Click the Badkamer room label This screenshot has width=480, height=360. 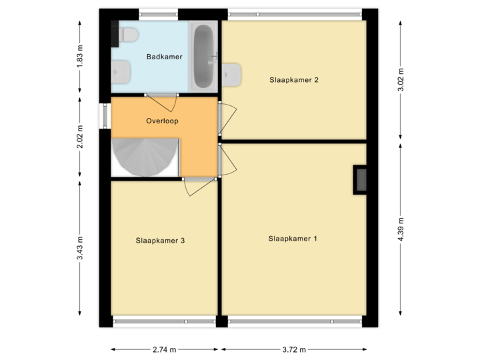pos(164,57)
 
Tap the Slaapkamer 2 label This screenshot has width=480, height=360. pos(293,80)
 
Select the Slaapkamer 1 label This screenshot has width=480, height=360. pos(293,238)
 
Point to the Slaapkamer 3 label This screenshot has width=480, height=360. pos(160,241)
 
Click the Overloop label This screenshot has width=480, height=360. pos(163,121)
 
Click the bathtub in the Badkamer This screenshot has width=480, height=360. pos(203,57)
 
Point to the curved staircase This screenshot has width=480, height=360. pos(143,157)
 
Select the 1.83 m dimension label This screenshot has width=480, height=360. pos(81,57)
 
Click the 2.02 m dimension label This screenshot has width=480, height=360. pos(81,138)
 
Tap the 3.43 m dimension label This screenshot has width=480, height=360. pos(81,248)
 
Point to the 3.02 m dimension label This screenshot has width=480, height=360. pos(400,81)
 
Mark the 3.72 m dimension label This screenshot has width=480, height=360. pos(293,349)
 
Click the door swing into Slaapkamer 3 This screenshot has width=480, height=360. pos(199,187)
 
